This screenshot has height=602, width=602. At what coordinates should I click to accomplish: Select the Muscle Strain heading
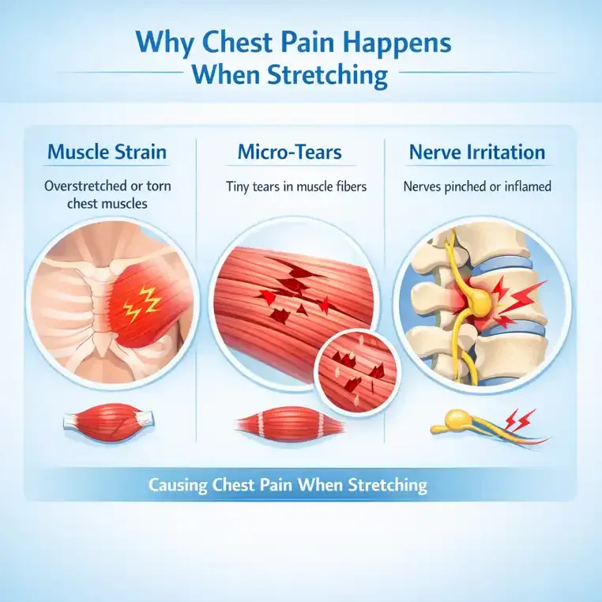point(107,152)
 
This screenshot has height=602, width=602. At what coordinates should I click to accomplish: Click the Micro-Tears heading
point(289,152)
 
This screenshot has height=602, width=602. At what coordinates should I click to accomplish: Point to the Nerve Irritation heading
point(477,152)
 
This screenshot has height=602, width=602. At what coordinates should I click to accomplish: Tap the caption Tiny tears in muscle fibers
point(296,186)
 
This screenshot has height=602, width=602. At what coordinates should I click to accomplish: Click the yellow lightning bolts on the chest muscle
point(141,303)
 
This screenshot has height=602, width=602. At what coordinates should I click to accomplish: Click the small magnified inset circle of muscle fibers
point(357,372)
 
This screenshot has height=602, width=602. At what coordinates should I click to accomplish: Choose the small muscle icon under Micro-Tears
point(289,425)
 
